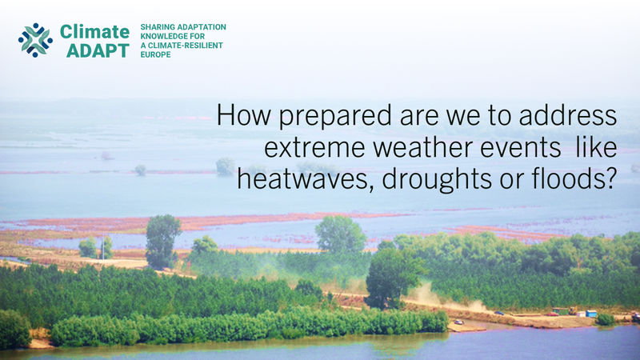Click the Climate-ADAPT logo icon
pyautogui.click(x=35, y=40)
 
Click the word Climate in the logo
pyautogui.click(x=94, y=31)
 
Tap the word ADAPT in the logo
pyautogui.click(x=98, y=50)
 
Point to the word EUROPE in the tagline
pyautogui.click(x=155, y=54)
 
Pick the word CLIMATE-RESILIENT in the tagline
pyautogui.click(x=186, y=46)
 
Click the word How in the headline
pyautogui.click(x=244, y=114)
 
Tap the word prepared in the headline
pyautogui.click(x=335, y=117)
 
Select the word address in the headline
pyautogui.click(x=568, y=114)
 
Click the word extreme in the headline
pyautogui.click(x=314, y=147)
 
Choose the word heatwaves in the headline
pyautogui.click(x=306, y=178)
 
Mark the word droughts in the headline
pyautogui.click(x=437, y=180)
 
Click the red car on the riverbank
pyautogui.click(x=553, y=314)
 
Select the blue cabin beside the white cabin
pyautogui.click(x=591, y=314)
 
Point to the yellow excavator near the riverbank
pyautogui.click(x=573, y=311)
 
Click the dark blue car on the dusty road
pyautogui.click(x=498, y=313)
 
